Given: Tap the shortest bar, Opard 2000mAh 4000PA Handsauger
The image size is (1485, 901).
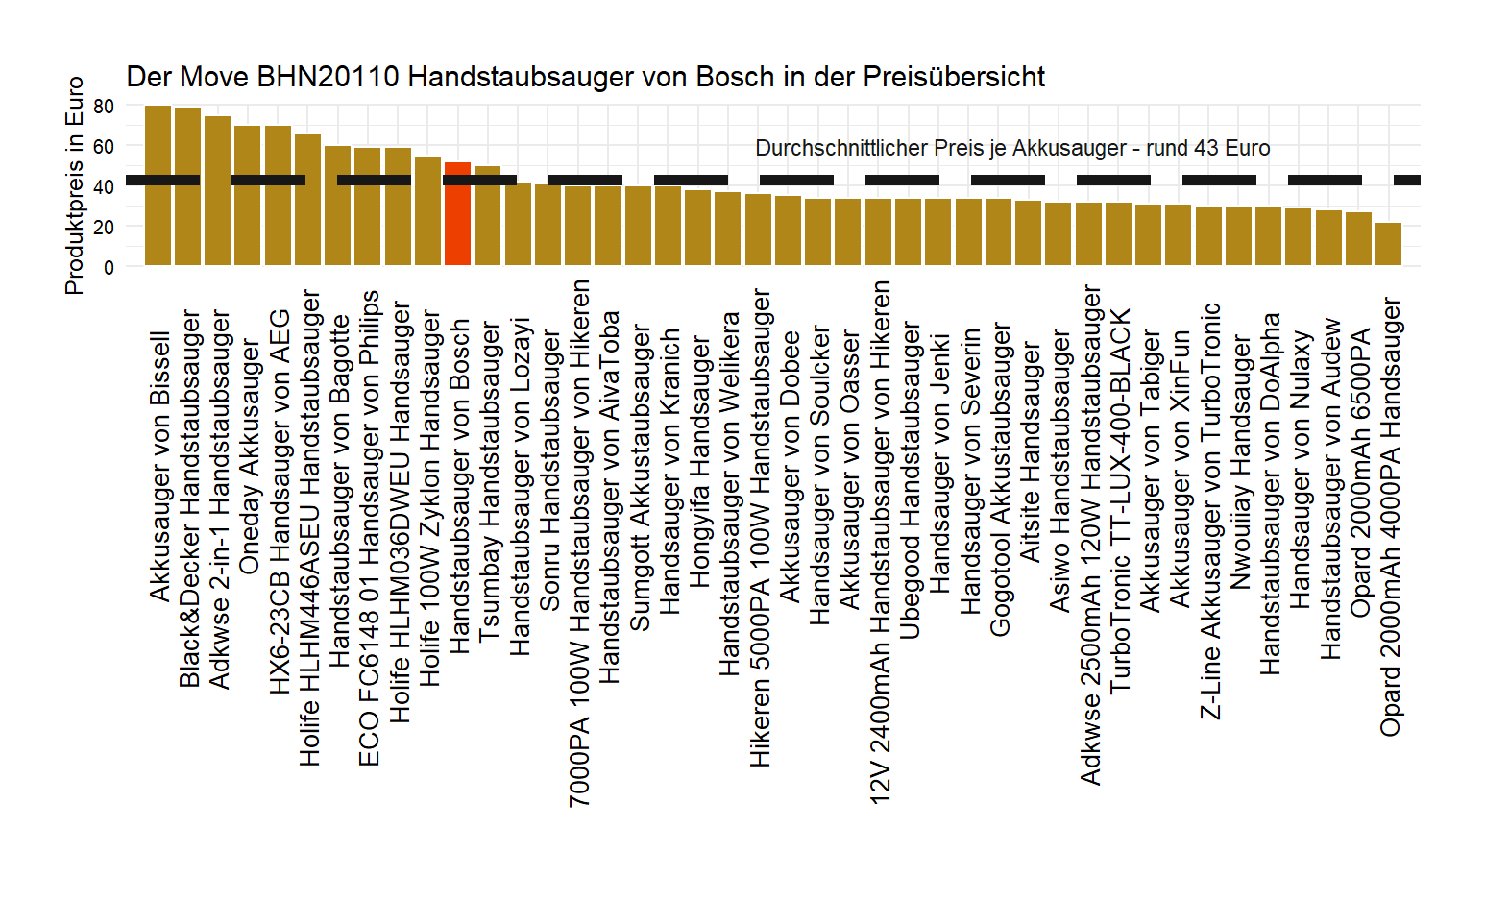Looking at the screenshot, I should (1388, 244).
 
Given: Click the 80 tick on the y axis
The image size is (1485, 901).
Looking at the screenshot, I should (104, 106).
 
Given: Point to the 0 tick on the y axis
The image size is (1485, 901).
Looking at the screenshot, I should (109, 267).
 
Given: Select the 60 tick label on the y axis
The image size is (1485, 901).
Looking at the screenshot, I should (104, 146).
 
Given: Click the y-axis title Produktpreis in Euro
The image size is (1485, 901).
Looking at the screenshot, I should (74, 185).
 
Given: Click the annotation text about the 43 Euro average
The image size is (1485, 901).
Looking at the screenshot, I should (1012, 148).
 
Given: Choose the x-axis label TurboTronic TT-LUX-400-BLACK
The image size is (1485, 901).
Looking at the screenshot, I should (1120, 500).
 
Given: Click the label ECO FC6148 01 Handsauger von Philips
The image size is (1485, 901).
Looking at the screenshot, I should (369, 528).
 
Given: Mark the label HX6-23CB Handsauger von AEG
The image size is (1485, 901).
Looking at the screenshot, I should (279, 500).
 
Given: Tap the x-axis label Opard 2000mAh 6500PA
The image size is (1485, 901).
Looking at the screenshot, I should (1360, 474).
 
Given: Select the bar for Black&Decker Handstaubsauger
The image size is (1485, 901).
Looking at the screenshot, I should (188, 186).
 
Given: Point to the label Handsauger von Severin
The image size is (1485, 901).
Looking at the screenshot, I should (970, 472).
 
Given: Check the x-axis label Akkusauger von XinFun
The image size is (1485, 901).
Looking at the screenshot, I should (1180, 470).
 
